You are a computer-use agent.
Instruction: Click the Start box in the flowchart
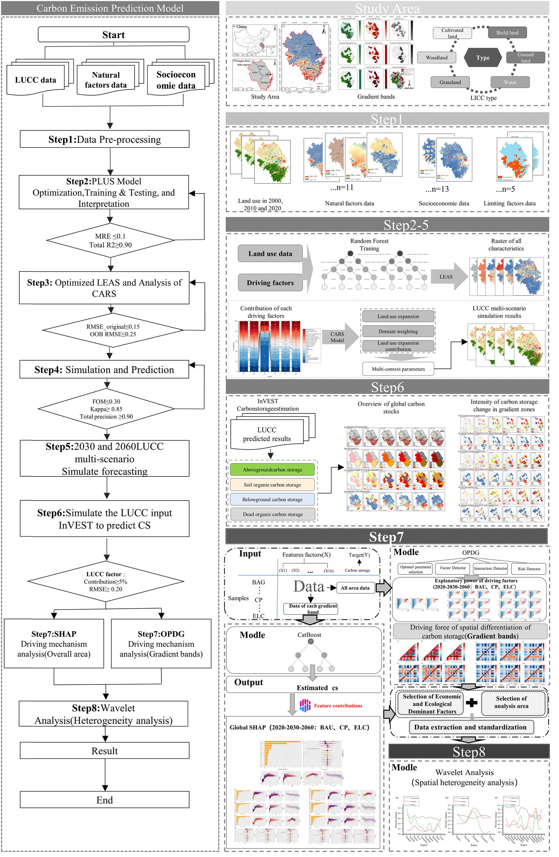tap(114, 35)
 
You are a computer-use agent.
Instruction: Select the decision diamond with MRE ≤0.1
tap(110, 241)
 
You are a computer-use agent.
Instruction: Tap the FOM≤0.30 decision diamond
tap(106, 409)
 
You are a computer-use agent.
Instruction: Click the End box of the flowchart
tap(105, 800)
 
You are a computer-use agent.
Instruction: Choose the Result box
tap(105, 751)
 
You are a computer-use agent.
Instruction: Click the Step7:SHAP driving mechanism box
tap(54, 644)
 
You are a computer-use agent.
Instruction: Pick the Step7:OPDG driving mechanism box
tap(161, 644)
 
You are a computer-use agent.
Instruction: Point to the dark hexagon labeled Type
tap(483, 58)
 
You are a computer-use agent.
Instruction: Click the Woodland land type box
tap(437, 58)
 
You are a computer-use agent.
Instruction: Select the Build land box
tap(507, 33)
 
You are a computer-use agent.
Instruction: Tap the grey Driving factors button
tap(270, 283)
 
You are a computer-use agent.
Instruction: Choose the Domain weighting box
tap(398, 331)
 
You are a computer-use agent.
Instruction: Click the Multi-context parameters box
tap(398, 369)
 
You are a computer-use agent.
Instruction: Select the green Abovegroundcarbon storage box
tap(272, 470)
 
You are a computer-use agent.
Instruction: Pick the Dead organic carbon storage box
tap(273, 514)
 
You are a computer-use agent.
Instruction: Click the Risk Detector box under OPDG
tap(529, 569)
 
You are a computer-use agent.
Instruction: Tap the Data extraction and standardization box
tap(470, 727)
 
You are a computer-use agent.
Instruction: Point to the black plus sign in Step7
tap(472, 702)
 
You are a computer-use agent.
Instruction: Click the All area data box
tap(355, 588)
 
